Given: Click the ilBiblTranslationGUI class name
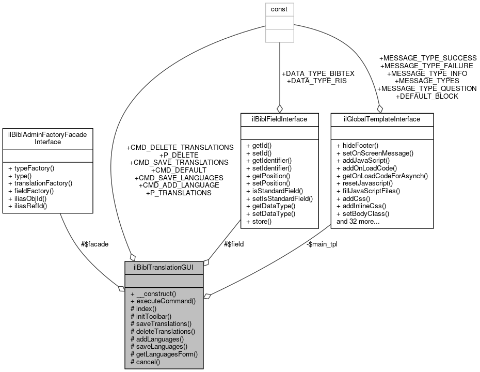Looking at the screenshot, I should pos(164,268).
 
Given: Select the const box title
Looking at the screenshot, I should pos(279,9).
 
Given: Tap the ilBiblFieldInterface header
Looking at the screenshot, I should pos(279,119).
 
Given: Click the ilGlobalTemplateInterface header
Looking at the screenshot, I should pos(381,119).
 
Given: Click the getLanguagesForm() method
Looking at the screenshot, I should pos(164,354).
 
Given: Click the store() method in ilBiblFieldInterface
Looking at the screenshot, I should pos(262,222).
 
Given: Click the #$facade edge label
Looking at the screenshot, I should pos(94,244).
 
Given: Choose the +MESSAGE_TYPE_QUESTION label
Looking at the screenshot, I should pos(427,88).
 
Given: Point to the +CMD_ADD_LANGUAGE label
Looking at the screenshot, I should pos(179,185).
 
